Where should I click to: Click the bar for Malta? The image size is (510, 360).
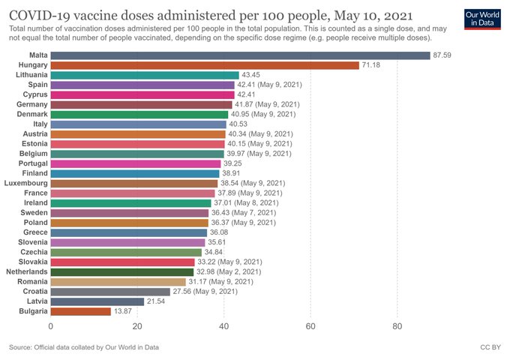tap(240, 55)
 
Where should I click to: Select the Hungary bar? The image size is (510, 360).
tap(205, 65)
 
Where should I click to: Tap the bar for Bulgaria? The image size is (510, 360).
tap(81, 311)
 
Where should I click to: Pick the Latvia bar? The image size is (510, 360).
tap(97, 301)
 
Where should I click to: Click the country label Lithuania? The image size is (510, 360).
tap(28, 75)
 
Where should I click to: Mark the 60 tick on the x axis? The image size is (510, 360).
tap(310, 327)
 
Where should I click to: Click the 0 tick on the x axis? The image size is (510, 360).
tap(51, 327)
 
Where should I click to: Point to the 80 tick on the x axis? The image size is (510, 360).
tap(397, 327)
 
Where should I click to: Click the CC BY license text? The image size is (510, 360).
tap(490, 347)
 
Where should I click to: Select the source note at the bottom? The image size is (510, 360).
tap(84, 347)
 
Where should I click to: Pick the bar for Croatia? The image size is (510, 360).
tap(110, 291)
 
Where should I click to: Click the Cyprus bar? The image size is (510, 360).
tap(142, 94)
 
